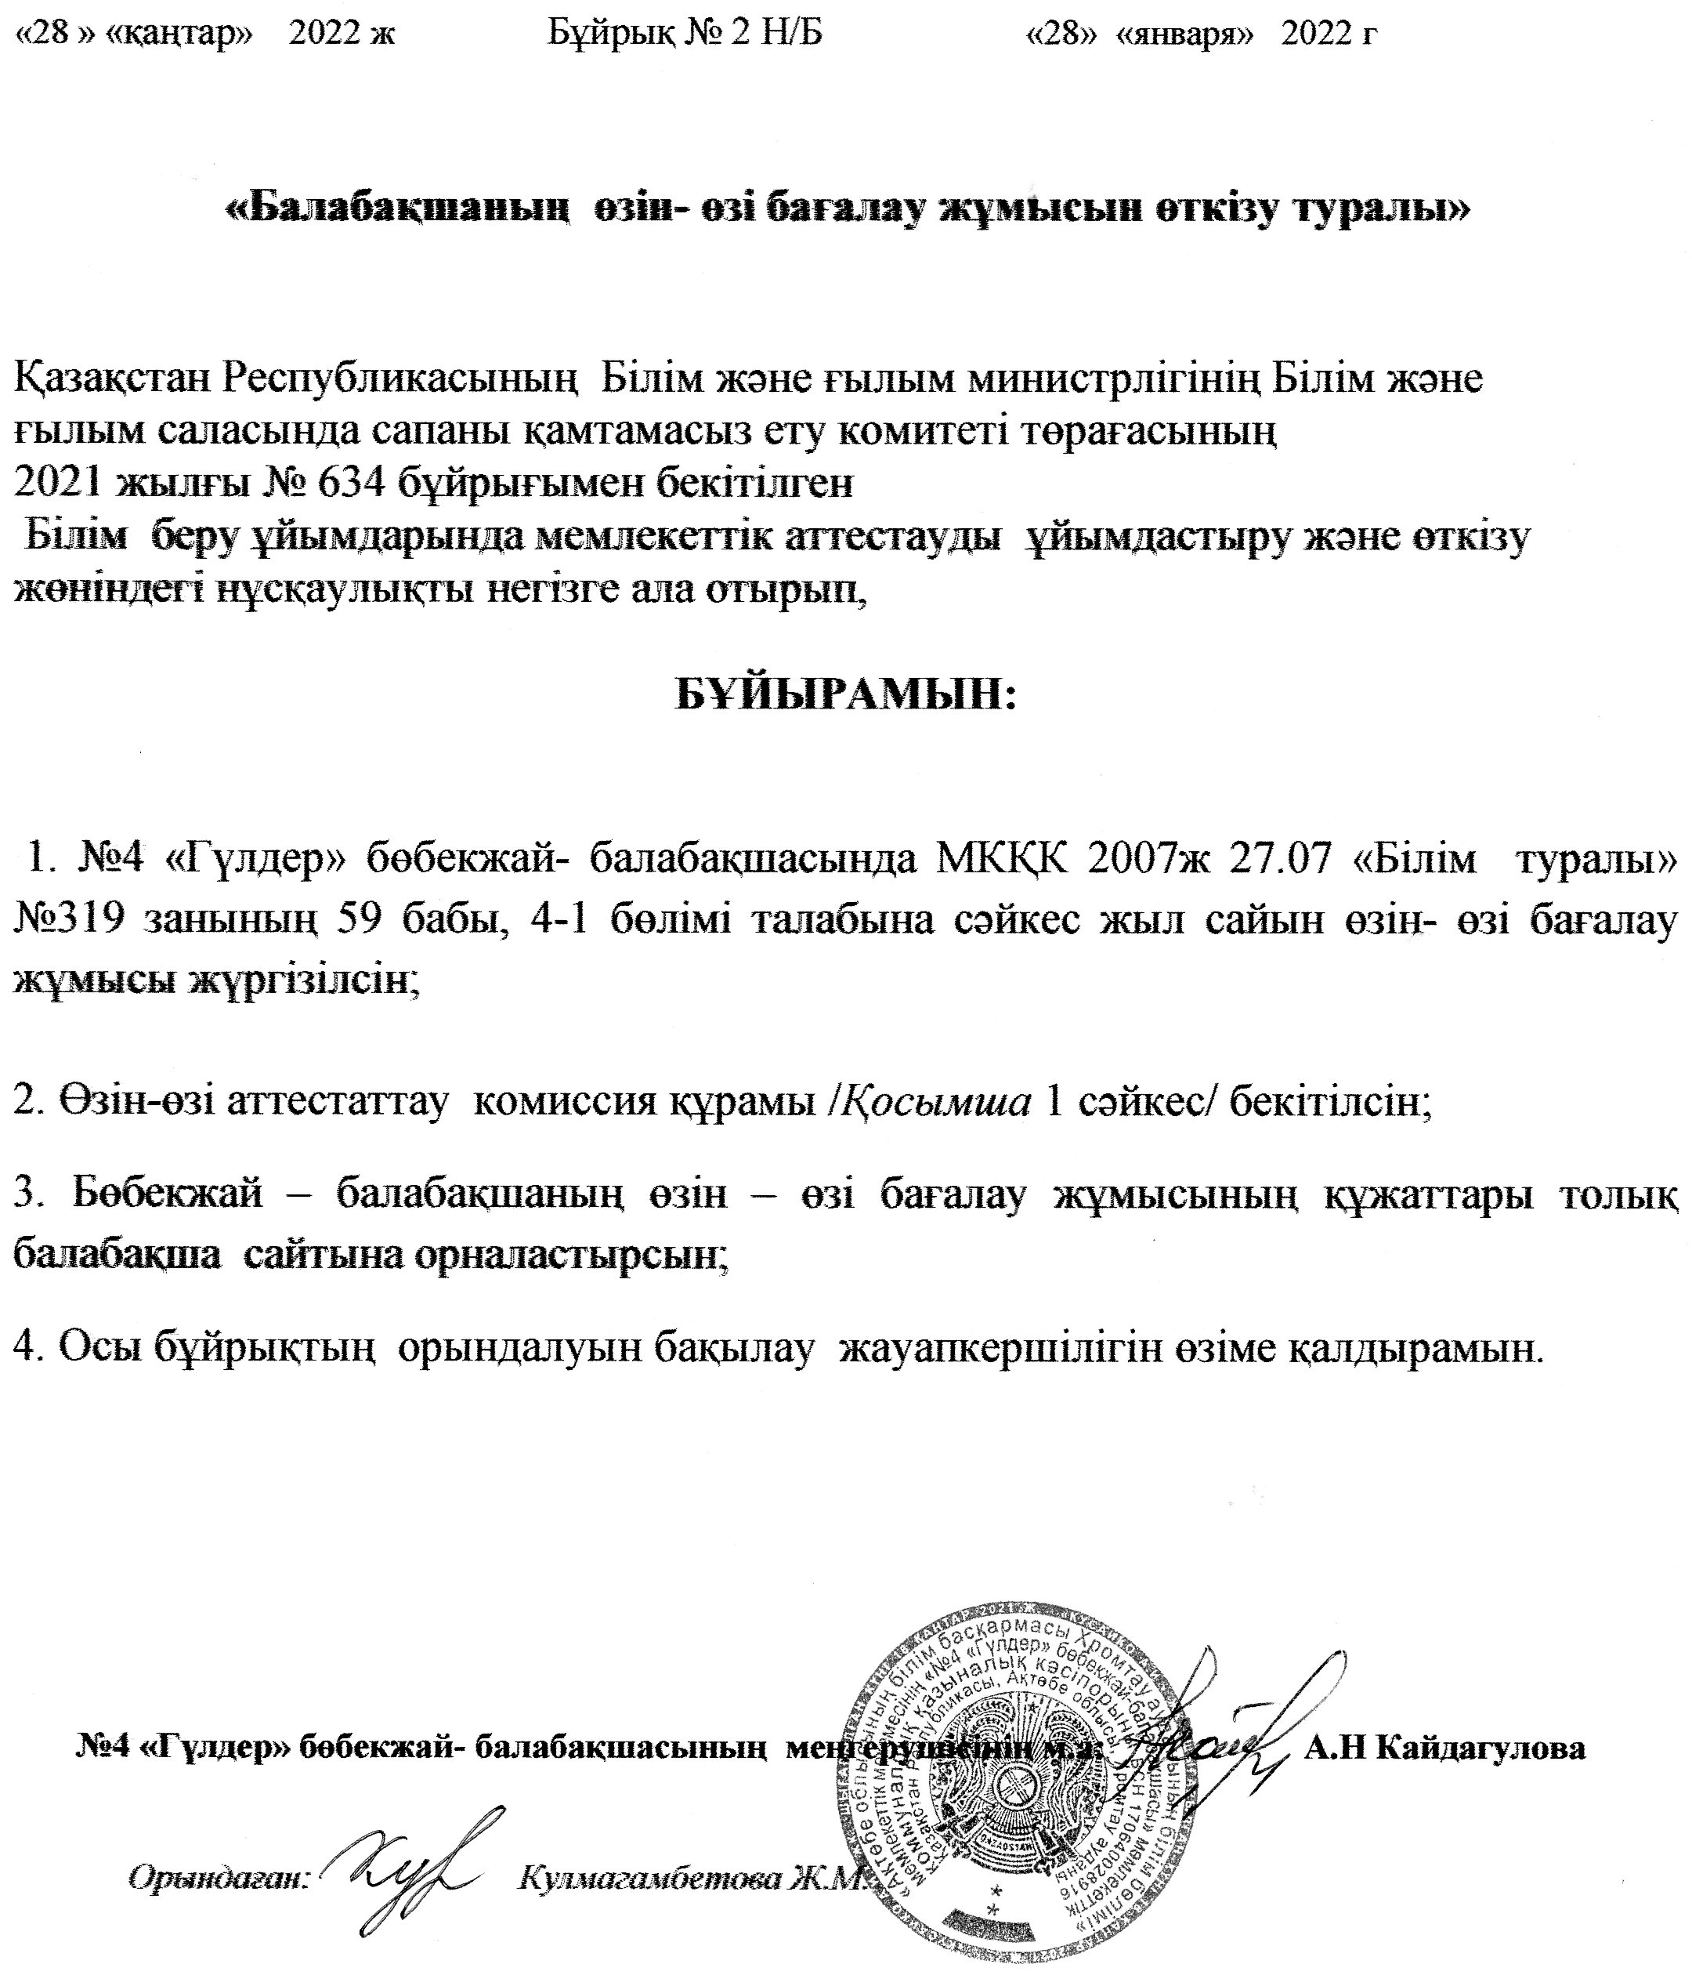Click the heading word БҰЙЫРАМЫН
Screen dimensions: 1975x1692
(x=846, y=695)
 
